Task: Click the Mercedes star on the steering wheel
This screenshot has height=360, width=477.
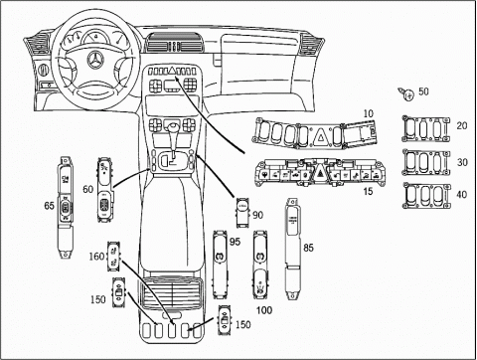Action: tap(95, 60)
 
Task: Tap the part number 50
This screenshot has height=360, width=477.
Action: tap(423, 91)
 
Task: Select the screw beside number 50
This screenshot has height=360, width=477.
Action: tap(406, 94)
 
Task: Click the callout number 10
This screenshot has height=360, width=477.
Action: tap(368, 113)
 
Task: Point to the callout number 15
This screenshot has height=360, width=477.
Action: tap(368, 191)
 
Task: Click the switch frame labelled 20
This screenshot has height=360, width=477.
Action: tap(426, 128)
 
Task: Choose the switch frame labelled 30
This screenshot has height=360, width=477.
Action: tap(426, 162)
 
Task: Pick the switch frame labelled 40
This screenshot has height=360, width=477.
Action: tap(426, 196)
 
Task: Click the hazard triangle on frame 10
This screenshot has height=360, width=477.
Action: tap(321, 135)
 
